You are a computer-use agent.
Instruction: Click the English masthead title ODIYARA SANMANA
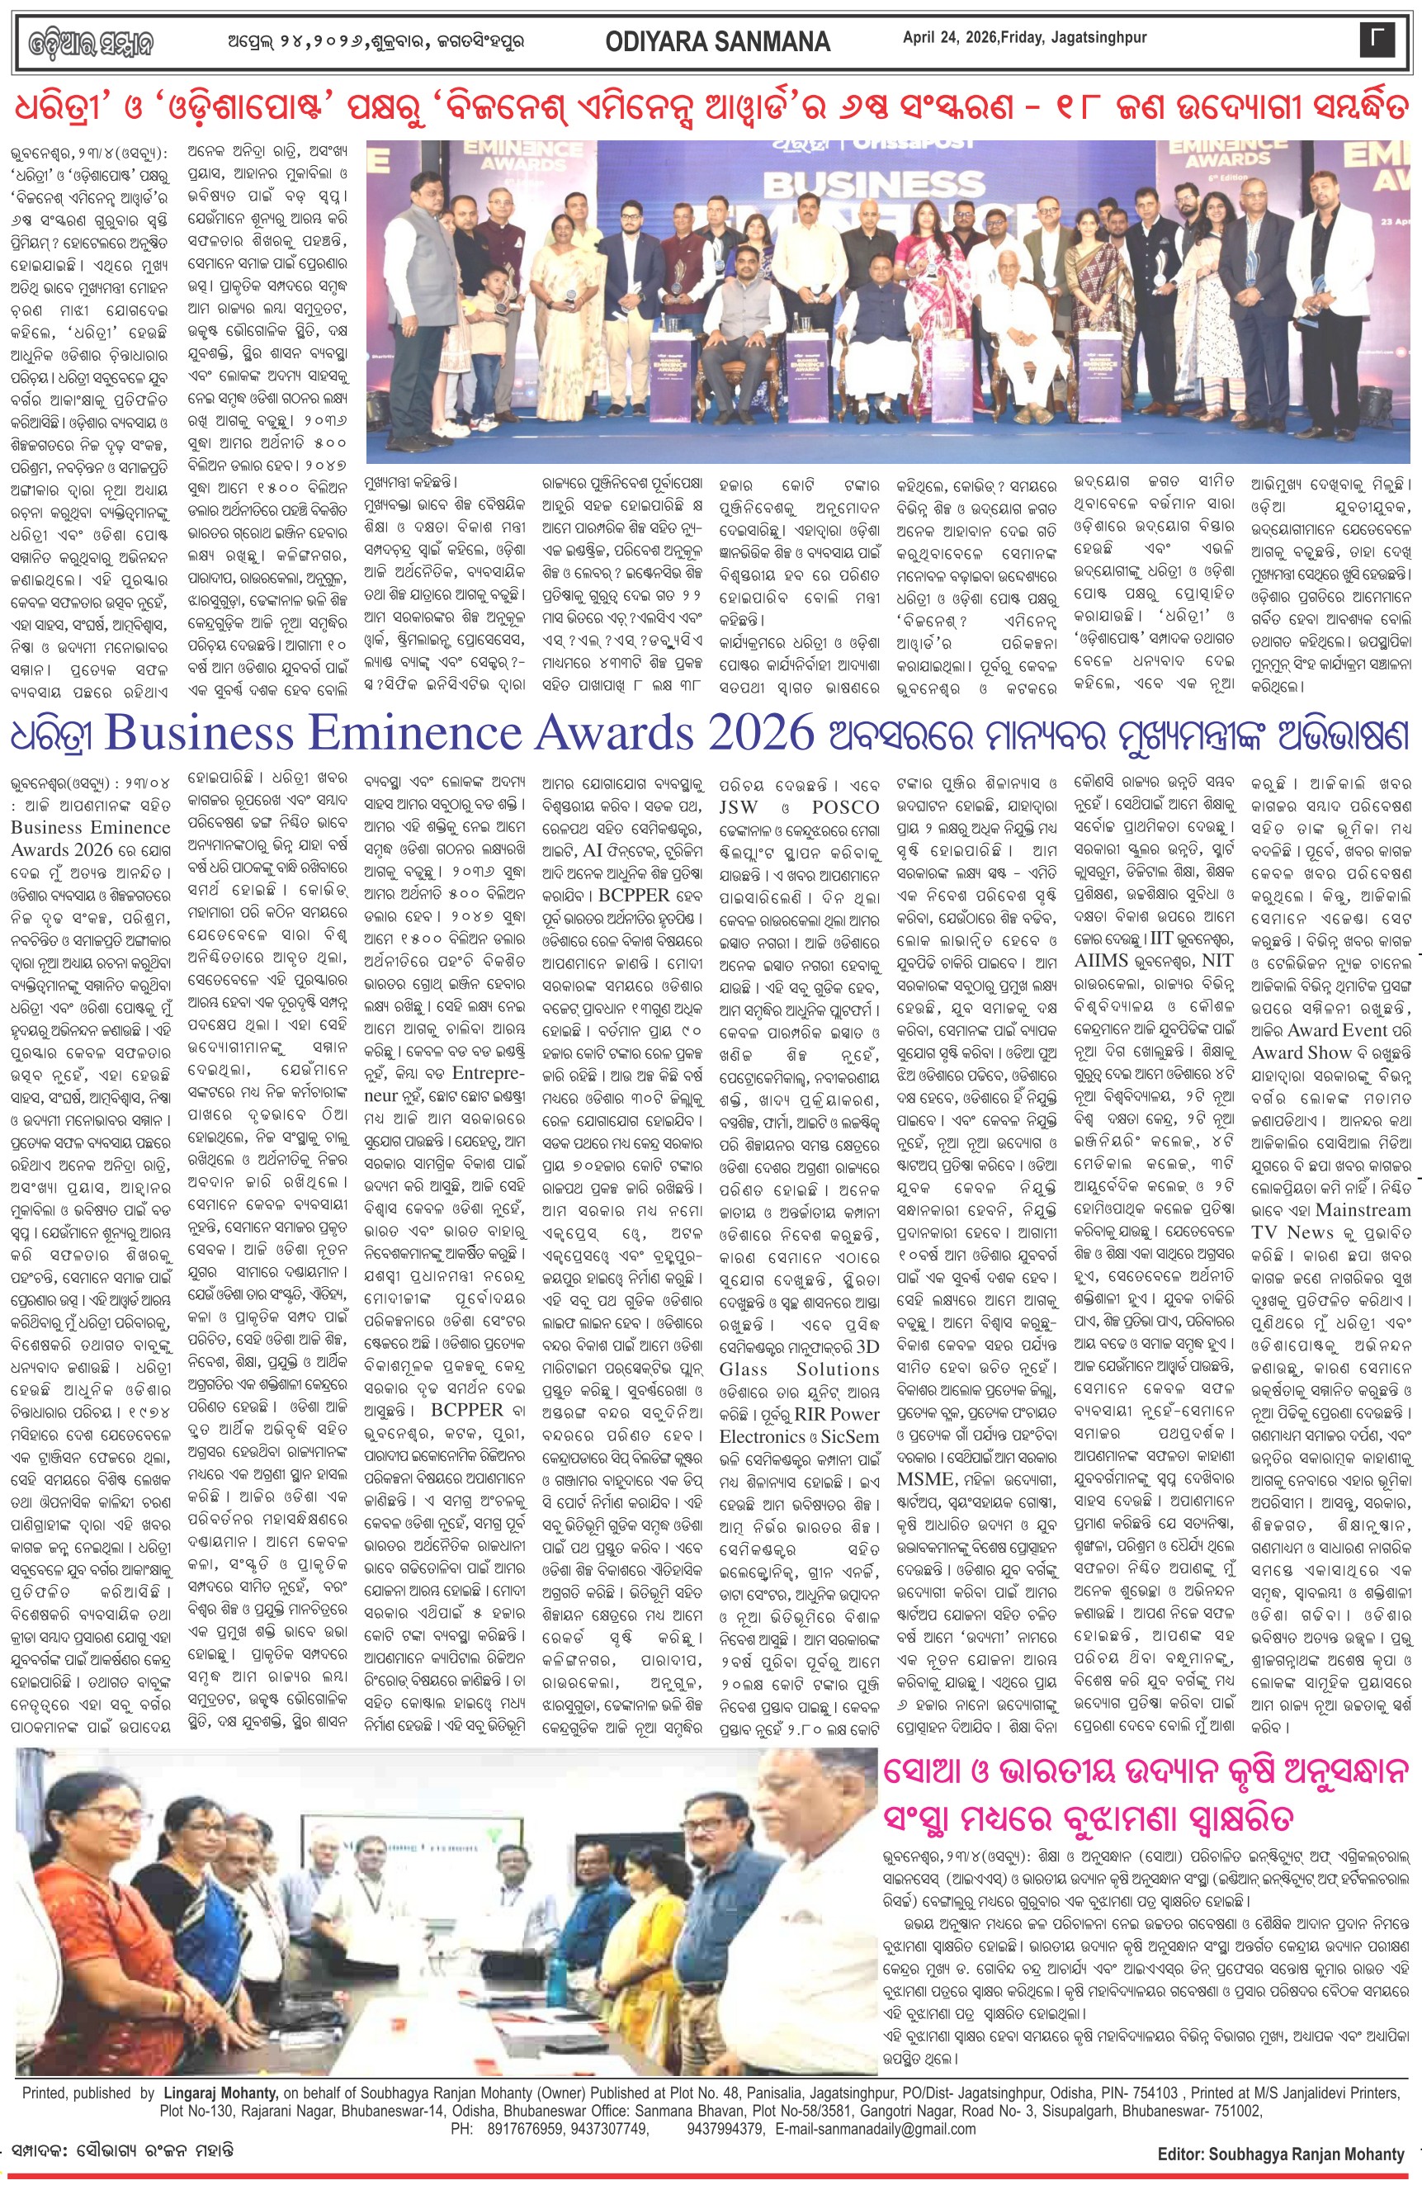pyautogui.click(x=717, y=41)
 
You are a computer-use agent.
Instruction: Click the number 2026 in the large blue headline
pyautogui.click(x=759, y=734)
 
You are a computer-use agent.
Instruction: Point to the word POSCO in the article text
pyautogui.click(x=844, y=807)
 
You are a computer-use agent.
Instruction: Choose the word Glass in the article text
pyautogui.click(x=743, y=1369)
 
